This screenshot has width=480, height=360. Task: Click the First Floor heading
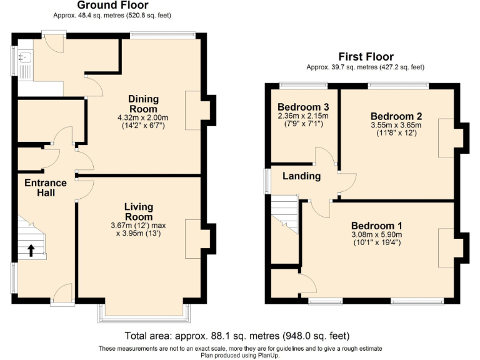coord(366,57)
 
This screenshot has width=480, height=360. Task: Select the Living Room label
coord(138,211)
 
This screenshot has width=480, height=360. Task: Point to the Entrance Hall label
coord(45,187)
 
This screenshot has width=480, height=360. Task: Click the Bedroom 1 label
coord(376,226)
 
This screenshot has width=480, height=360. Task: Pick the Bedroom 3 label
coord(303,106)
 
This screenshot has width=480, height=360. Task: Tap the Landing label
coord(301,176)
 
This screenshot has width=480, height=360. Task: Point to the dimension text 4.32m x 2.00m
coord(143,117)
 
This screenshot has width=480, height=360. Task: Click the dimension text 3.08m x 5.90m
coord(376,235)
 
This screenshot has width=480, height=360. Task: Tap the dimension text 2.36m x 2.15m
coord(303,116)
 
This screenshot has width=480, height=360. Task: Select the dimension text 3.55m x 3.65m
coord(396,125)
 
